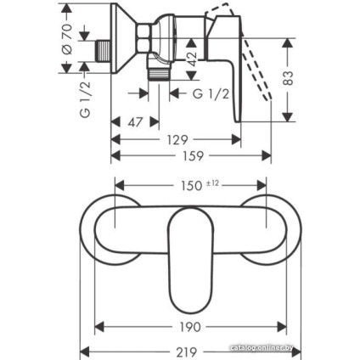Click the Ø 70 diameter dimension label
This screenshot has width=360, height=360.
click(68, 39)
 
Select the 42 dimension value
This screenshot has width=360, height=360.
click(192, 59)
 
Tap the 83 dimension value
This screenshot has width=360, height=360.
click(288, 78)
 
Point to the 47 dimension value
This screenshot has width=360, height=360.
click(135, 122)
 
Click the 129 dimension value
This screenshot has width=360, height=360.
click(177, 139)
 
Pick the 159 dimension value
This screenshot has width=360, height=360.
click(193, 155)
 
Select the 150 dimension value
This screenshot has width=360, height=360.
click(190, 186)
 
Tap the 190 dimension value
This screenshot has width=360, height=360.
click(190, 327)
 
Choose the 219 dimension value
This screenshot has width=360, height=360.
click(186, 352)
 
